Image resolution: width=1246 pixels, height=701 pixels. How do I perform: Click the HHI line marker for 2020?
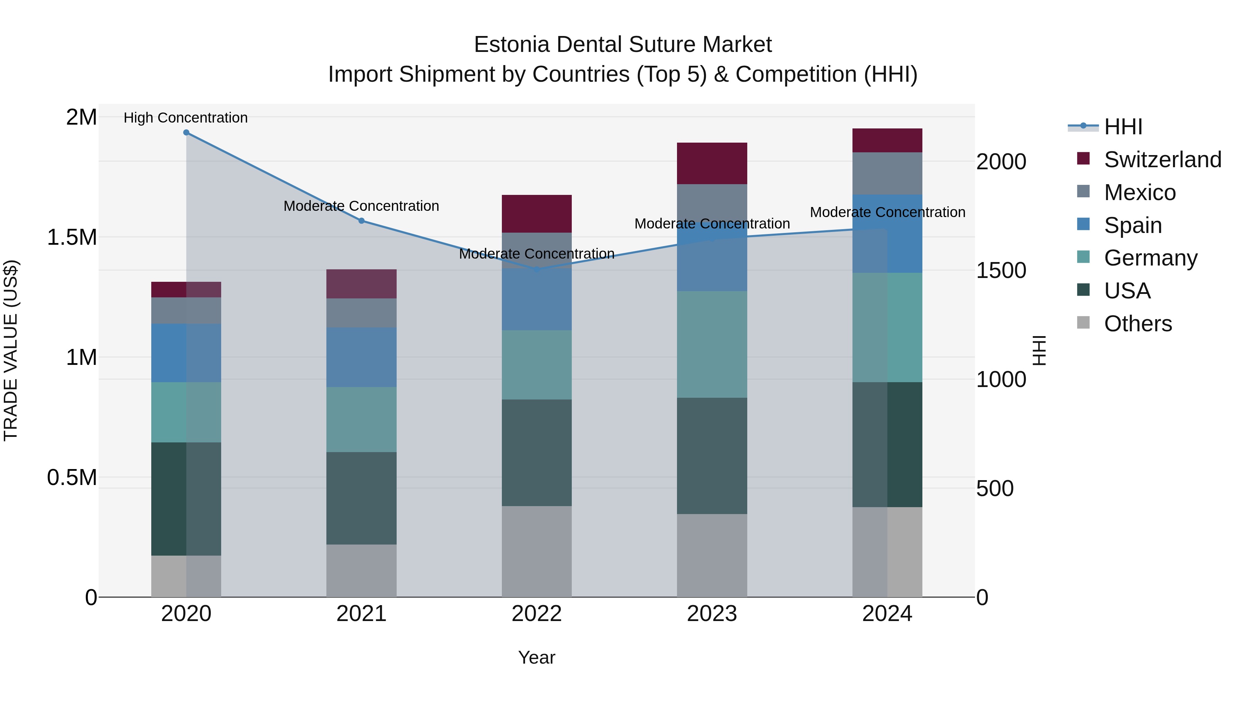coord(186,133)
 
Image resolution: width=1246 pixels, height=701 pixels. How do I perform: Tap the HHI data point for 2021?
coord(361,221)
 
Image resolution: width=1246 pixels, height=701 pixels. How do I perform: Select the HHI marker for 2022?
coord(536,269)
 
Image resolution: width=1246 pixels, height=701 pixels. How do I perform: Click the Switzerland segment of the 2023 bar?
coord(712,163)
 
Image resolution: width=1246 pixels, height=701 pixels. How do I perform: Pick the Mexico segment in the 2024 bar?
coord(887,174)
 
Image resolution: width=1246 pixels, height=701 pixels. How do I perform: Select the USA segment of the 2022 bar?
coord(536,453)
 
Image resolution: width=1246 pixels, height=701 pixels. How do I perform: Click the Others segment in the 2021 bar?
coord(361,571)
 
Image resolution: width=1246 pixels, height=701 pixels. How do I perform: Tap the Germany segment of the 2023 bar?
coord(712,344)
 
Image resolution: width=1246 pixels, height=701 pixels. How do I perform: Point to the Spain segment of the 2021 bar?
coord(361,357)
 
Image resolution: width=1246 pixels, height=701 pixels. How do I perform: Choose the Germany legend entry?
coord(1150,258)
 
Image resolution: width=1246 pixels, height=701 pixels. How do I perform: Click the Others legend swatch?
coord(1083,323)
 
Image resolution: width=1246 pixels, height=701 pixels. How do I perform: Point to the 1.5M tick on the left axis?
coord(72,237)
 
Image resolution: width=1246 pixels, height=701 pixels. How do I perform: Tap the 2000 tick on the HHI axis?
coord(1001,162)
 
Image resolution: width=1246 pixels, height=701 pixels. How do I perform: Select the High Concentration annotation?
coord(186,118)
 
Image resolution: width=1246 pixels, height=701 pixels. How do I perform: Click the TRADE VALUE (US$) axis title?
coord(11,350)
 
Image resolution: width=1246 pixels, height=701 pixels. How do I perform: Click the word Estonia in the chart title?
coord(512,45)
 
